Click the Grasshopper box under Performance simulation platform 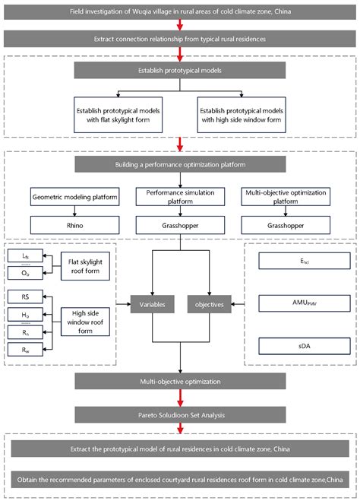point(179,226)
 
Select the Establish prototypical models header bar point(179,71)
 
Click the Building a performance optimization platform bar point(179,164)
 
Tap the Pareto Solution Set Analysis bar point(179,414)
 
